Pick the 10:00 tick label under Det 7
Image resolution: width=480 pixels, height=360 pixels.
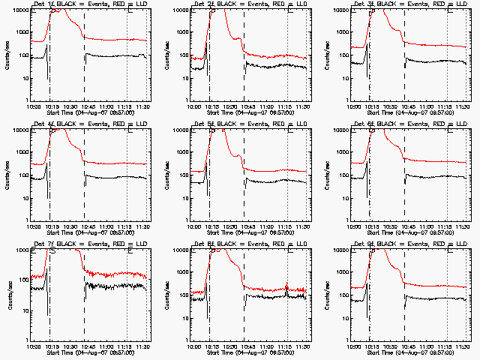pyautogui.click(x=34, y=346)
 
